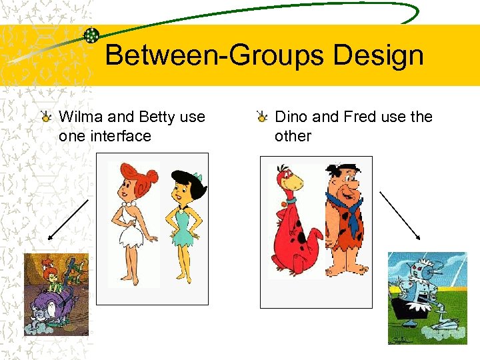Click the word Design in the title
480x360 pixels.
(379, 55)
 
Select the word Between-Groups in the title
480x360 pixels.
(215, 55)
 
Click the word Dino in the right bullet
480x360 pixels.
(291, 117)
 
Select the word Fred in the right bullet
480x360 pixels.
(360, 117)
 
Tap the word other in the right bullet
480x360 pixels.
(293, 136)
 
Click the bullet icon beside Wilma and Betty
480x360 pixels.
(47, 118)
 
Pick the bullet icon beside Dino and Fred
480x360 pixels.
(263, 118)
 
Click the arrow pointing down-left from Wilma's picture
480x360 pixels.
(69, 219)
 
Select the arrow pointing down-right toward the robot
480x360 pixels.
(399, 215)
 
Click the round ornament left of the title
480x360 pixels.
(92, 35)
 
